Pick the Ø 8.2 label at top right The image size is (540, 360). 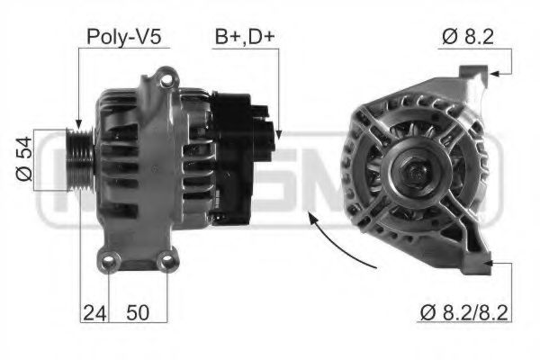pyautogui.click(x=470, y=37)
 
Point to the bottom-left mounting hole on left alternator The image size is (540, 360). pyautogui.click(x=111, y=263)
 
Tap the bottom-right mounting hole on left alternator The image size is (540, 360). pyautogui.click(x=165, y=263)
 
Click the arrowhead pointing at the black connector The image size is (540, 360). pyautogui.click(x=277, y=134)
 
